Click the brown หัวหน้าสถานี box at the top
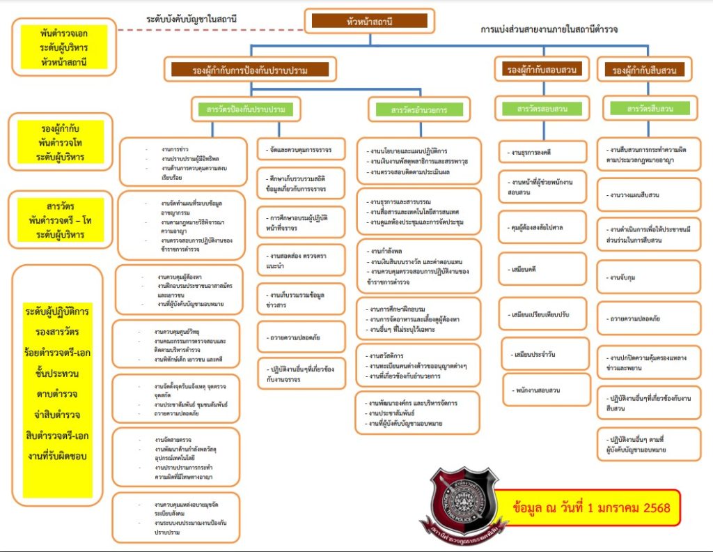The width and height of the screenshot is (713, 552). point(368,21)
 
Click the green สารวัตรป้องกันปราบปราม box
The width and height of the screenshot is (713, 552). point(246,109)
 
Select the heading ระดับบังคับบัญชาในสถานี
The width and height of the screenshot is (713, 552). point(192,19)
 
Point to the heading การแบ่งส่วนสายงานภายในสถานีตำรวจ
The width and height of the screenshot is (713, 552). point(549,30)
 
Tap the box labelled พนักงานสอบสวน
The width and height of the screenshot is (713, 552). point(541,390)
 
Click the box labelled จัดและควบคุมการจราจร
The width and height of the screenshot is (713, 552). point(301,149)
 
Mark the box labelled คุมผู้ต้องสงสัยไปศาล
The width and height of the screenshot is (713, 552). point(541,227)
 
